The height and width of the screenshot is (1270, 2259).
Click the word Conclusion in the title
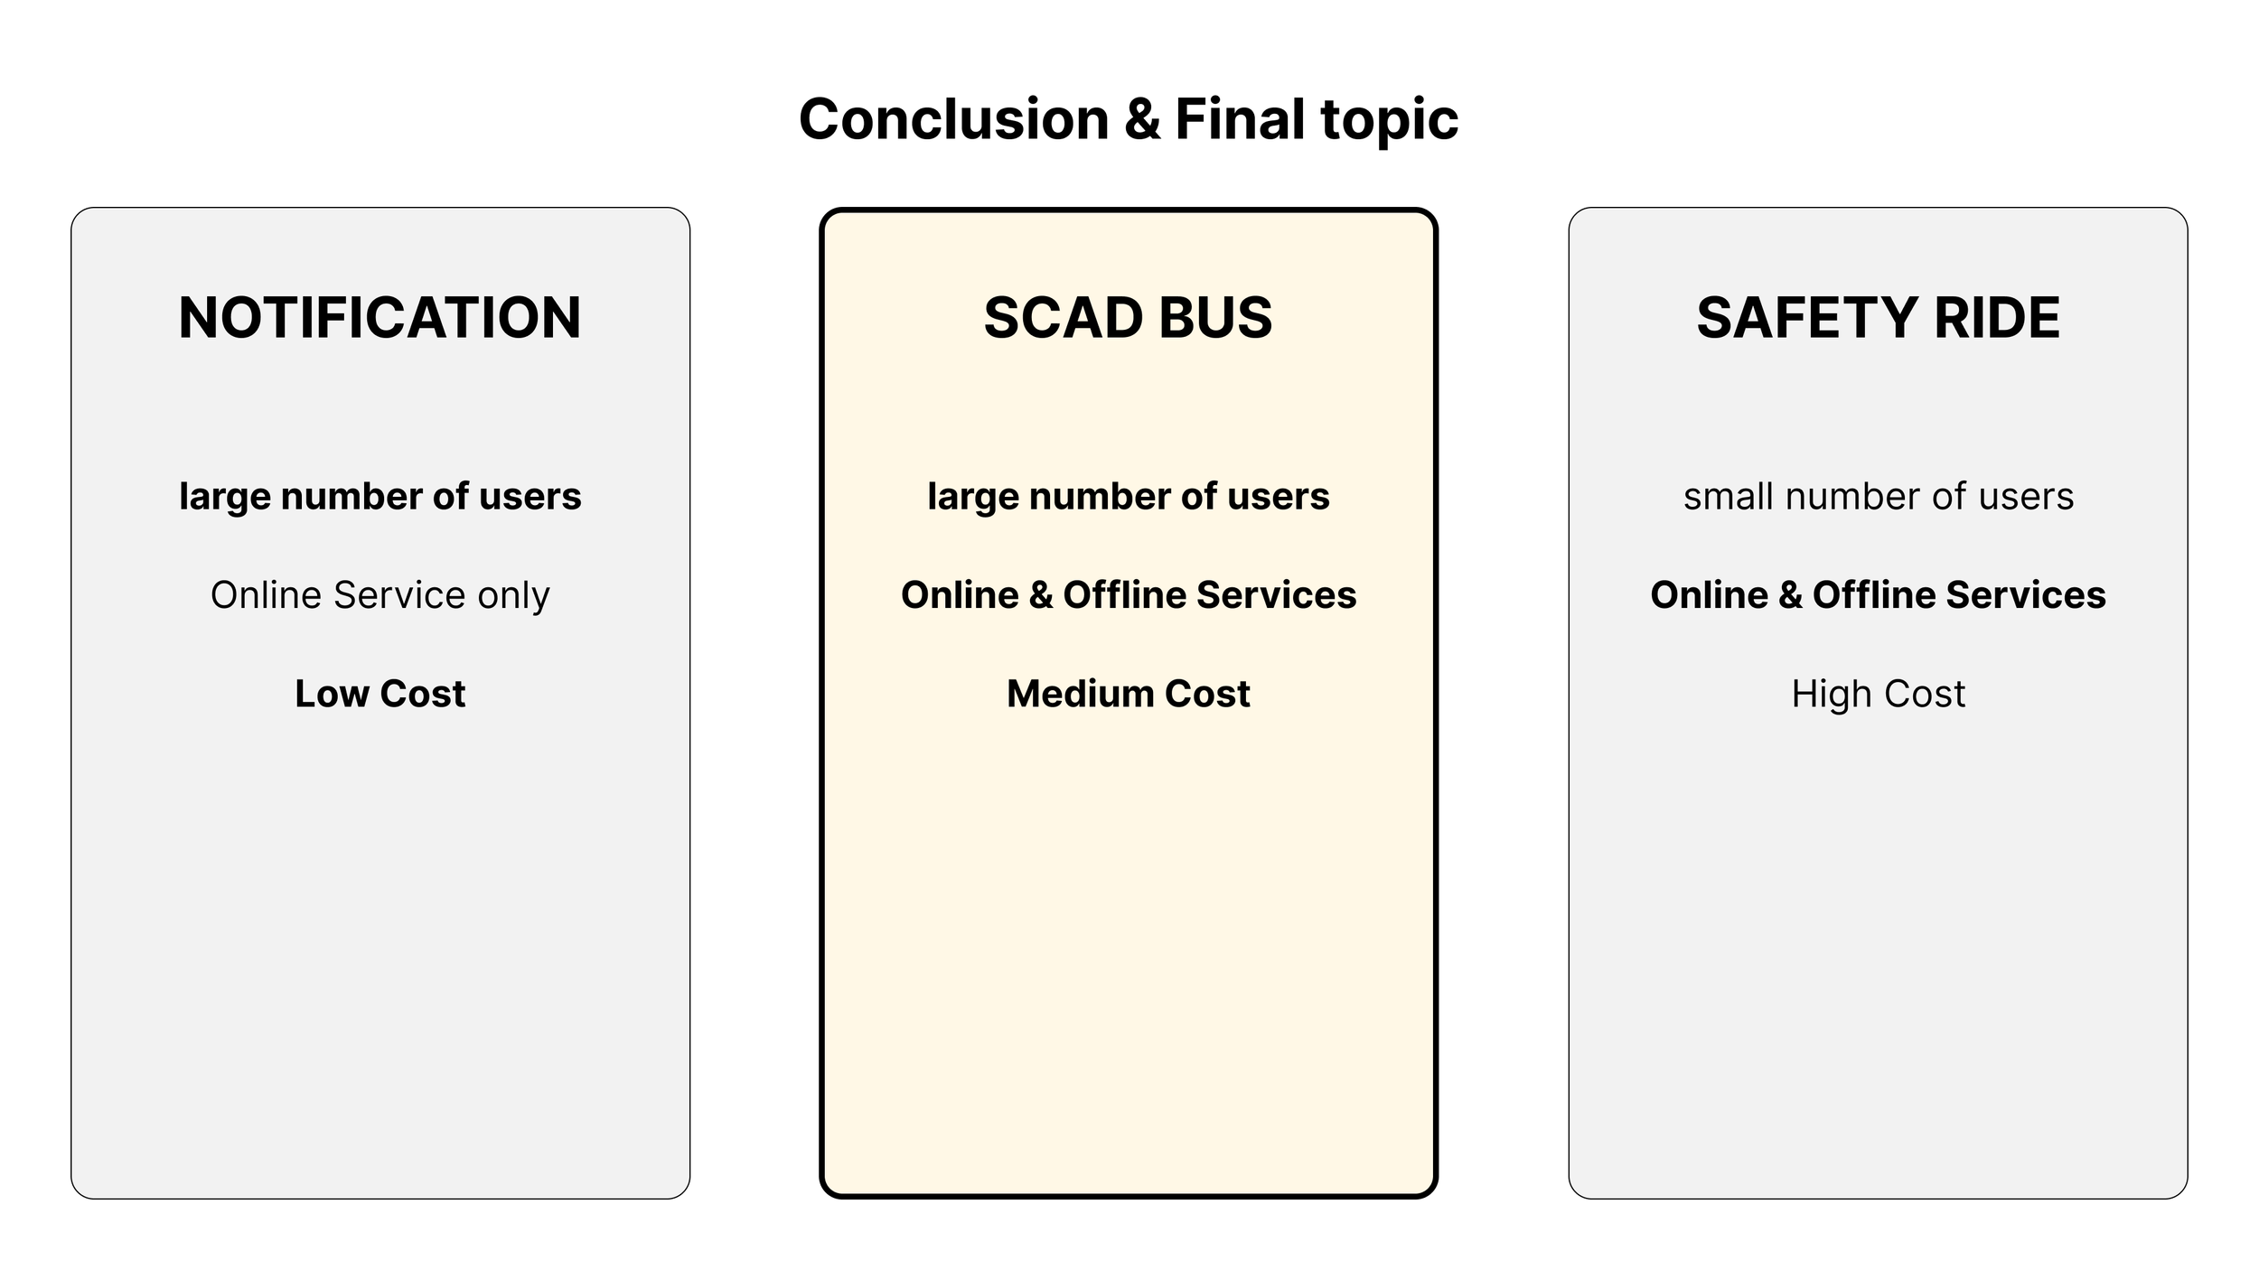(x=953, y=119)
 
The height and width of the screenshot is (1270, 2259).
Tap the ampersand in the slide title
(x=1142, y=119)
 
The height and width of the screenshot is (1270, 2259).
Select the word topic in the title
(x=1389, y=121)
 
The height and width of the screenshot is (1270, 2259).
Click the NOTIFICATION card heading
(x=380, y=318)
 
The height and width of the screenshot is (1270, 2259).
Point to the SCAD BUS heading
(x=1128, y=318)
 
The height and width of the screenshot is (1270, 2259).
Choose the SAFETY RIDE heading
(x=1878, y=318)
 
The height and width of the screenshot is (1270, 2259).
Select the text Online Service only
(x=380, y=595)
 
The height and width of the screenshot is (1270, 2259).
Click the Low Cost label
(x=380, y=694)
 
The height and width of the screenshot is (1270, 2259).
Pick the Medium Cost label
(x=1128, y=694)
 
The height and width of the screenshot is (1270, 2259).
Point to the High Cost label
(x=1878, y=694)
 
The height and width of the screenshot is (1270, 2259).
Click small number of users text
(x=1878, y=497)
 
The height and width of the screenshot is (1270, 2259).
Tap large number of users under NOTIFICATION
(x=380, y=497)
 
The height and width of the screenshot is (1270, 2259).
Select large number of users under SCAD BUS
(x=1128, y=497)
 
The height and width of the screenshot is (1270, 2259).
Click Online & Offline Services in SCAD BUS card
(x=1128, y=595)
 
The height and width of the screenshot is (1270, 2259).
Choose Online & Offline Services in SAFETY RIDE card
(x=1878, y=595)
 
